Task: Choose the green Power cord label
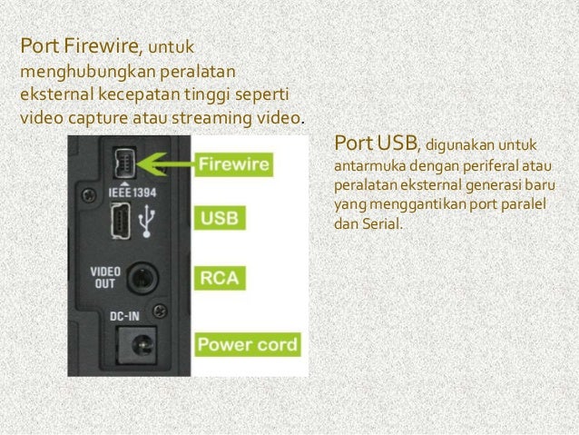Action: click(247, 345)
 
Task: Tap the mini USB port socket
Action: click(121, 220)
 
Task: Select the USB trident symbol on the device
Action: click(148, 220)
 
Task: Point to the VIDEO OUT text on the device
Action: click(104, 277)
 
